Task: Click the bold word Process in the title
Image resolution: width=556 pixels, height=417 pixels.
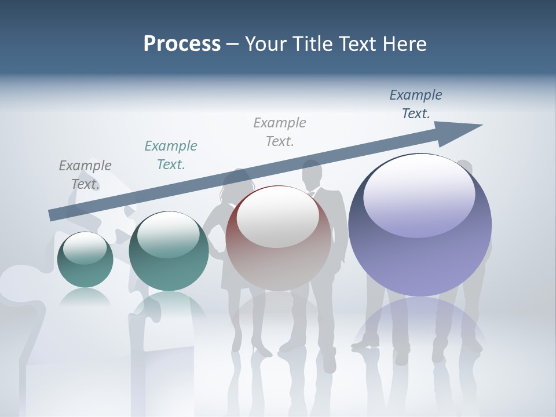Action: (x=182, y=44)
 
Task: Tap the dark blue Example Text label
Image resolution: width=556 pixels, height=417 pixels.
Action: (x=415, y=104)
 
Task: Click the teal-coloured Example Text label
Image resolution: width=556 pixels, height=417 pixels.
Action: (x=171, y=155)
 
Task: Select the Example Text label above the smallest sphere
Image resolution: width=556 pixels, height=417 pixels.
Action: (x=85, y=175)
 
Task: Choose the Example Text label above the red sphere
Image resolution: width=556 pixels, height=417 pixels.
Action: (x=280, y=131)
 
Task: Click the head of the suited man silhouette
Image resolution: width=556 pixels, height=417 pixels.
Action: (x=312, y=172)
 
